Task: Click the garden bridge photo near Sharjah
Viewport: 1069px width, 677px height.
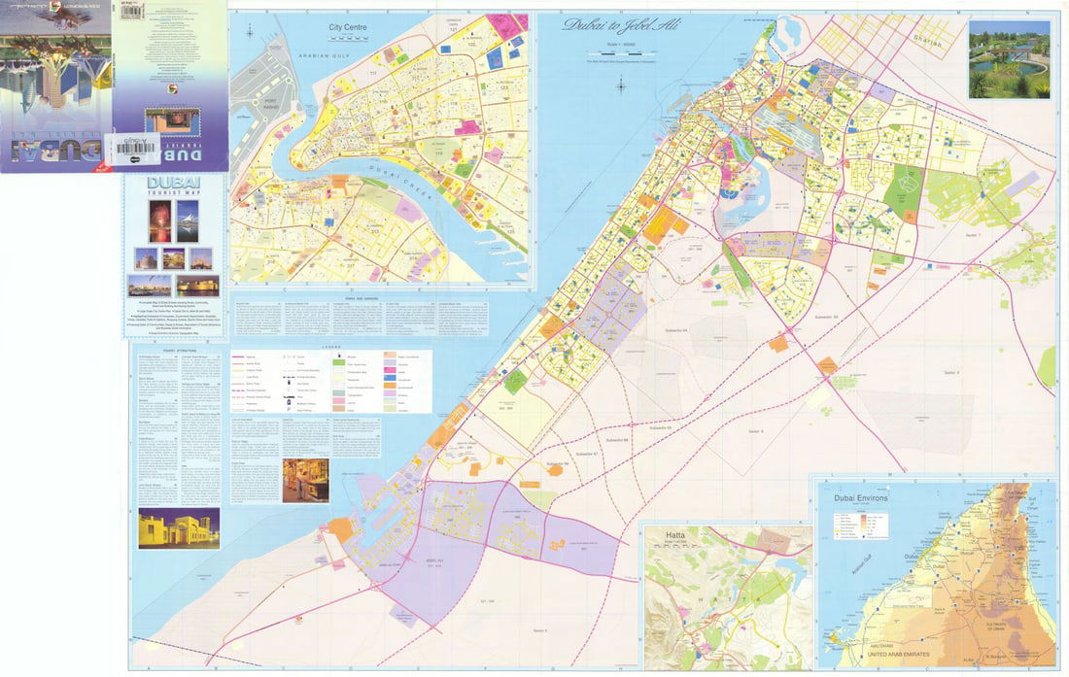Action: click(x=1009, y=60)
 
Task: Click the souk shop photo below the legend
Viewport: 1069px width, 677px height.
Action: click(x=305, y=480)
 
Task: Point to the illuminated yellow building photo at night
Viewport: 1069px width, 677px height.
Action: click(x=178, y=527)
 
